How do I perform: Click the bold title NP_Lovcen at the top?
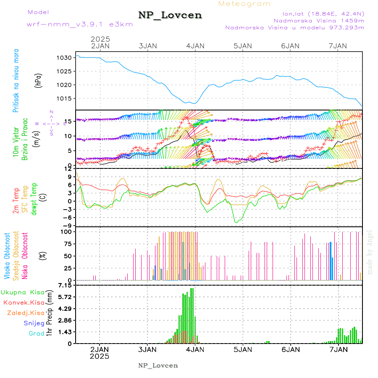pyautogui.click(x=170, y=15)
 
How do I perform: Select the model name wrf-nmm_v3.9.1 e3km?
pyautogui.click(x=80, y=24)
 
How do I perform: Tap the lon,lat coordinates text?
pyautogui.click(x=318, y=13)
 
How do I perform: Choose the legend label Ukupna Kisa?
pyautogui.click(x=23, y=292)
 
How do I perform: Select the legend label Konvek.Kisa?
pyautogui.click(x=24, y=302)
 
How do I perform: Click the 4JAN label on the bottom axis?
pyautogui.click(x=195, y=349)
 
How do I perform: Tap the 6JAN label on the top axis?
pyautogui.click(x=290, y=46)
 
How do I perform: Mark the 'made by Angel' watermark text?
pyautogui.click(x=370, y=252)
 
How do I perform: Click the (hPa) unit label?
pyautogui.click(x=38, y=80)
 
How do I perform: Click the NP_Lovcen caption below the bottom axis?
pyautogui.click(x=158, y=365)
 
